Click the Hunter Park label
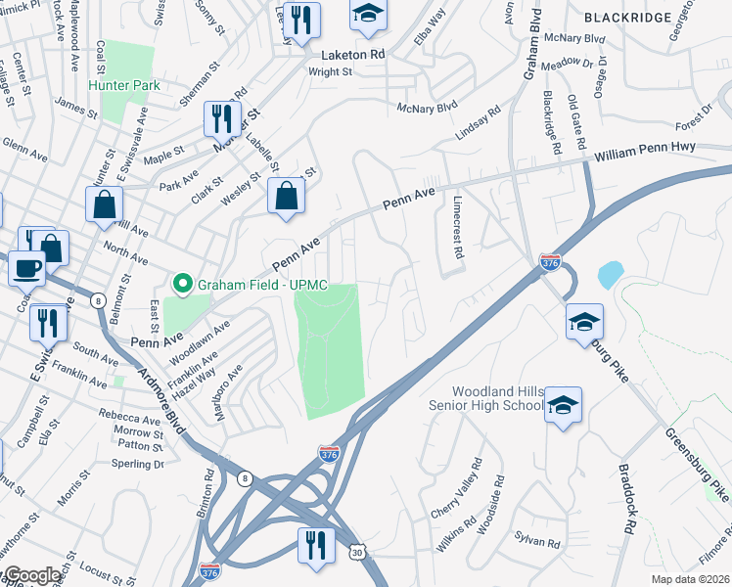coord(124,85)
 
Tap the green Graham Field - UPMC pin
coord(181,285)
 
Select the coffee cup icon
coord(27,267)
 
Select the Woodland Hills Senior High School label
coord(485,398)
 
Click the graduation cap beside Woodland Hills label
coord(564,404)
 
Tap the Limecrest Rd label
coord(457,225)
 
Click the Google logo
coord(31,575)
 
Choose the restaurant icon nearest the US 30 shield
coord(315,545)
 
